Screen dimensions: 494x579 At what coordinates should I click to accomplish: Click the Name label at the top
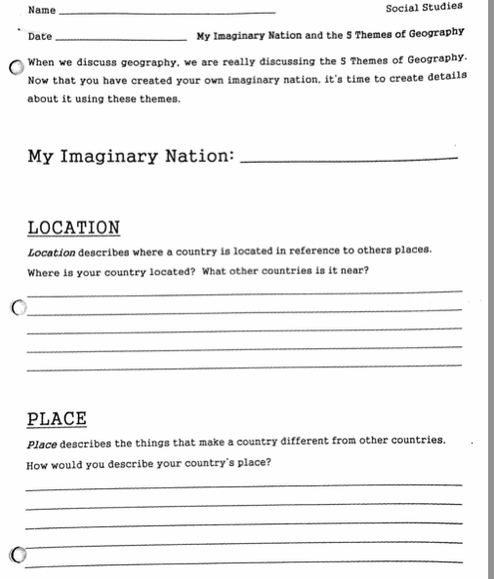pyautogui.click(x=42, y=10)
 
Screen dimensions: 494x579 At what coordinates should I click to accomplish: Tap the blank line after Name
pyautogui.click(x=166, y=13)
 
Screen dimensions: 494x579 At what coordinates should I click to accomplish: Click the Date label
pyautogui.click(x=40, y=36)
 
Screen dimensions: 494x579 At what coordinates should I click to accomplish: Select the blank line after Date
pyautogui.click(x=122, y=40)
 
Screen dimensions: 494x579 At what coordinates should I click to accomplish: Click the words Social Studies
pyautogui.click(x=424, y=8)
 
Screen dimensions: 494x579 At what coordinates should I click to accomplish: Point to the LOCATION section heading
pyautogui.click(x=73, y=228)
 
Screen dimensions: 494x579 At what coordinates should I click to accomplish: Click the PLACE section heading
pyautogui.click(x=57, y=419)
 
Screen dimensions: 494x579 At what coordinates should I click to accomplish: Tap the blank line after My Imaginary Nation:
pyautogui.click(x=348, y=160)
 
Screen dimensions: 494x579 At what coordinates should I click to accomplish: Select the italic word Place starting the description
pyautogui.click(x=42, y=442)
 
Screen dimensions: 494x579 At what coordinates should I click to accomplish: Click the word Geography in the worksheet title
pyautogui.click(x=432, y=34)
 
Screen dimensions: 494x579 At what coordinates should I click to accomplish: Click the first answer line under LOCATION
pyautogui.click(x=244, y=291)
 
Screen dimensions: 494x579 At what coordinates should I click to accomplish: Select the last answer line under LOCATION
pyautogui.click(x=244, y=368)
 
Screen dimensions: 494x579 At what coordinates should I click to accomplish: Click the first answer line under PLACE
pyautogui.click(x=244, y=484)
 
